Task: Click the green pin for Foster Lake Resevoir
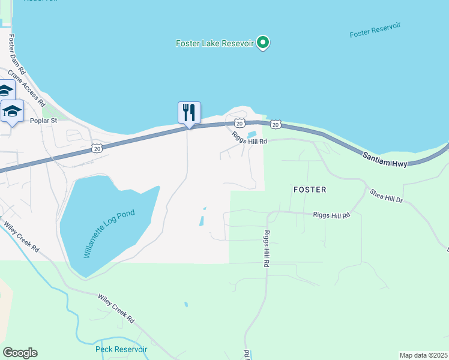click(263, 43)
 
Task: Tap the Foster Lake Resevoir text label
click(215, 43)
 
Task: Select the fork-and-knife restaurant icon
click(189, 112)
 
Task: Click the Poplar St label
click(43, 120)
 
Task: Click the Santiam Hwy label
click(384, 158)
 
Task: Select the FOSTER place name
click(310, 190)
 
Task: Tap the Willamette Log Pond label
click(110, 233)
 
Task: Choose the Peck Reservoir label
click(121, 349)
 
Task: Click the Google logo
click(20, 353)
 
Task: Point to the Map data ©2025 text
click(423, 355)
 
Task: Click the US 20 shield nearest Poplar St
click(97, 147)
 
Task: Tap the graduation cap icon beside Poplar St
click(12, 112)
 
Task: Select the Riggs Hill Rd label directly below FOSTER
click(331, 214)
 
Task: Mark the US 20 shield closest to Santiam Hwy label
click(276, 124)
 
